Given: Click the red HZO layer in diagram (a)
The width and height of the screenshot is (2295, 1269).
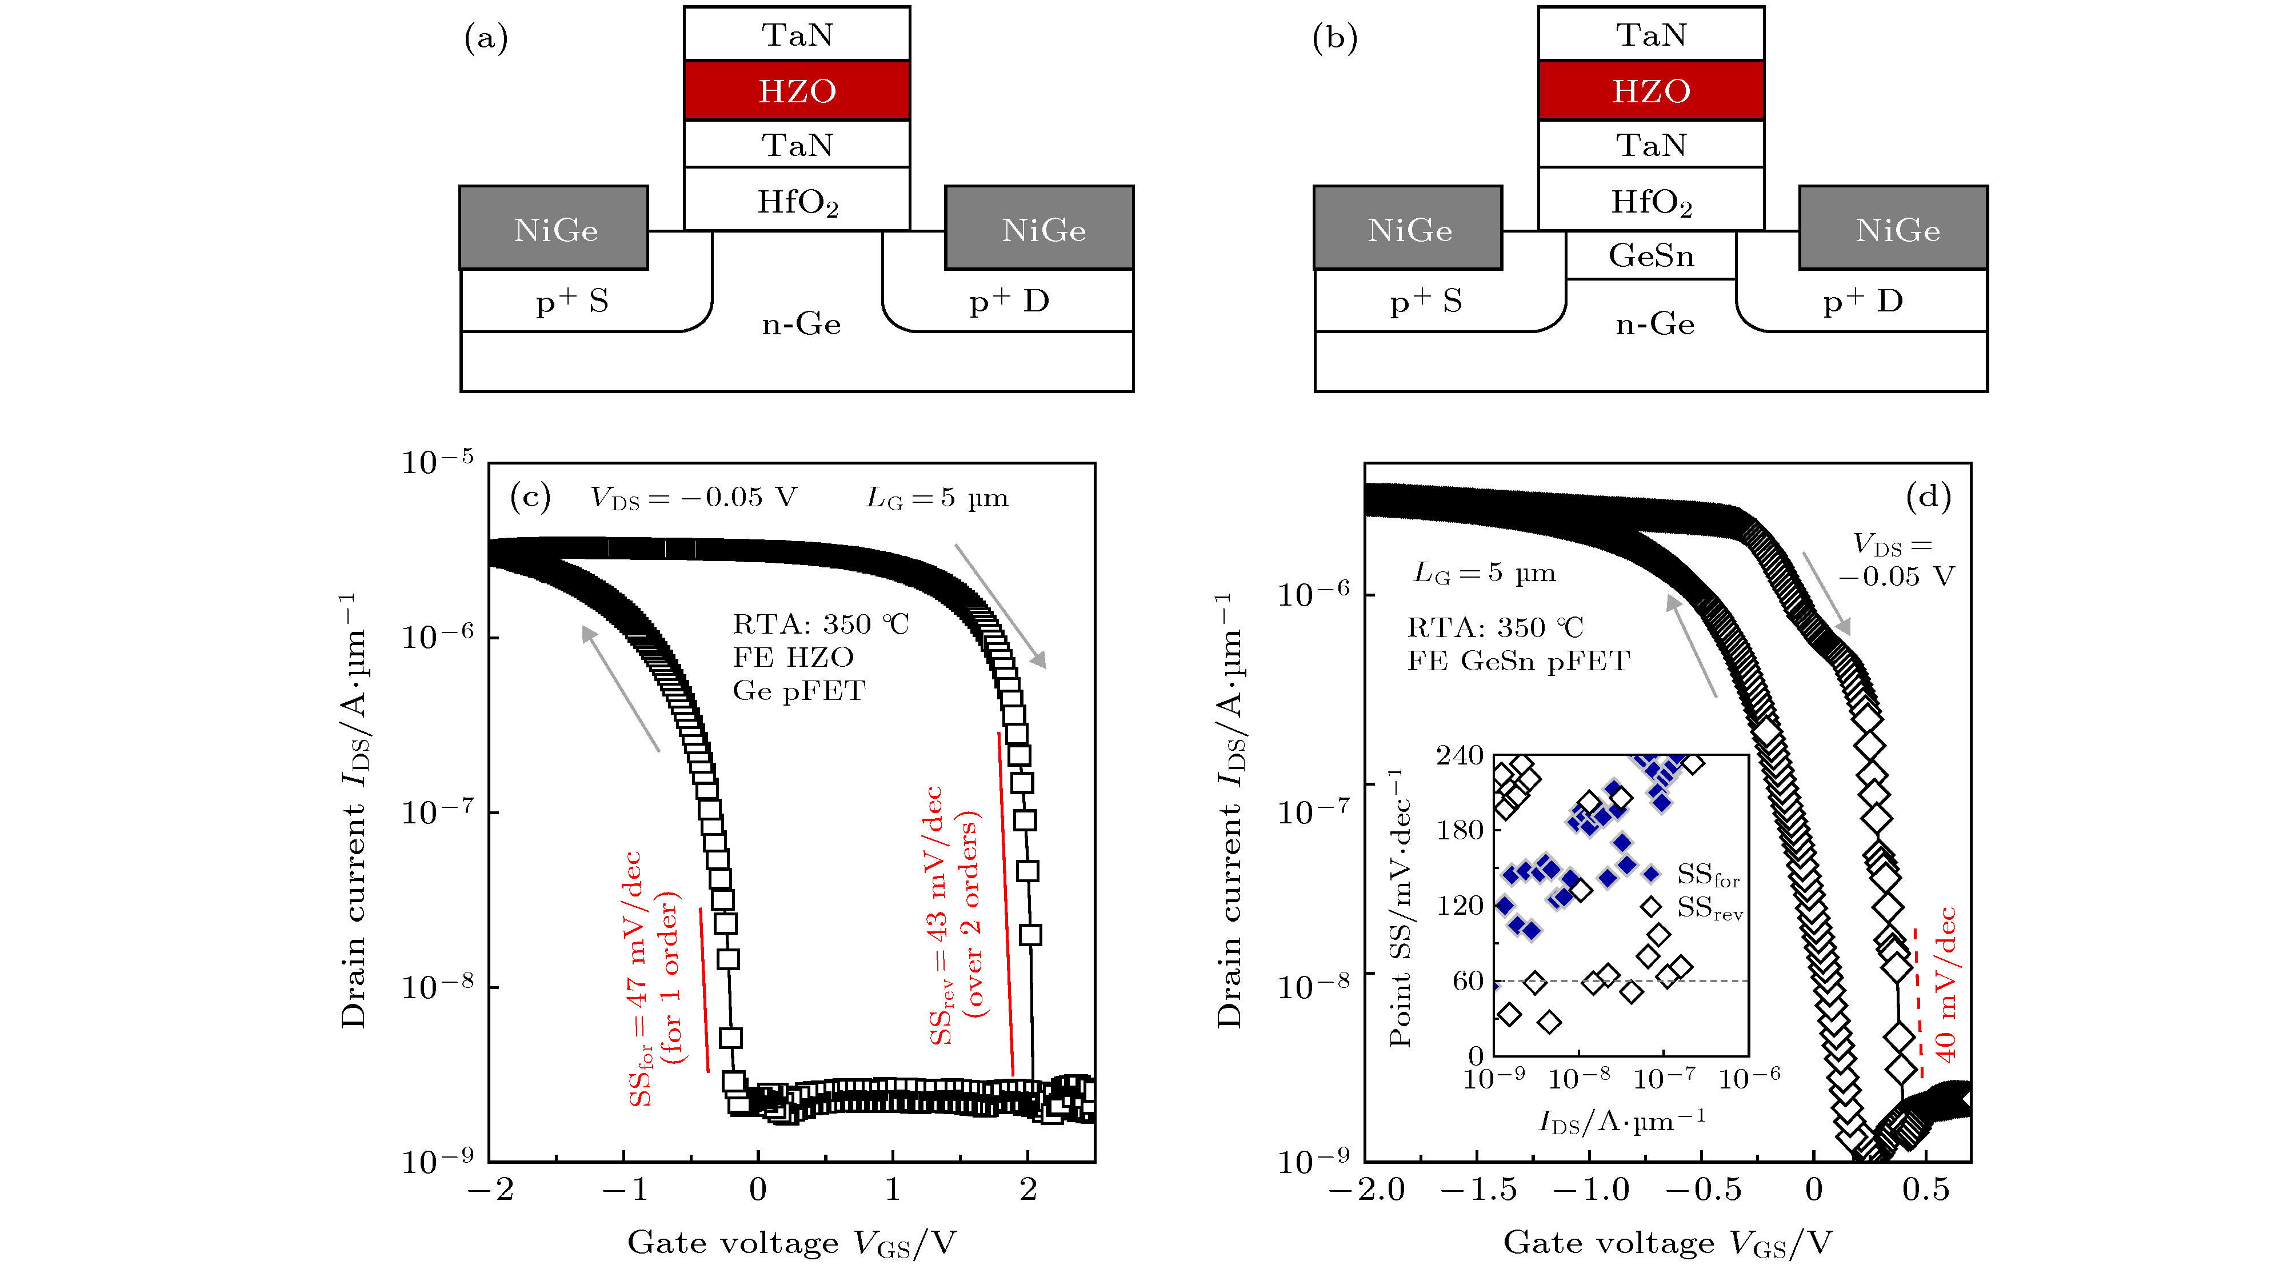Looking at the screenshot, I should (x=797, y=91).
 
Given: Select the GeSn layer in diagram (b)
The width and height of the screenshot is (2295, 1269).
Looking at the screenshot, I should (x=1651, y=255).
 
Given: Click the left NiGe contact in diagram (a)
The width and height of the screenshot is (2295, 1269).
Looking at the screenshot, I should (x=554, y=229).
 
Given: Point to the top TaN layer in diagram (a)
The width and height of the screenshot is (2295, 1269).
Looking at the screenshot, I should (x=797, y=35).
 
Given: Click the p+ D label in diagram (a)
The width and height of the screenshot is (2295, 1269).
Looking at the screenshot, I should (x=1009, y=301).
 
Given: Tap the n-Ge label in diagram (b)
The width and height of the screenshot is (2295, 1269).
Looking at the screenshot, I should (x=1654, y=323).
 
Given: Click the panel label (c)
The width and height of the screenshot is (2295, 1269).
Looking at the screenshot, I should (x=530, y=496).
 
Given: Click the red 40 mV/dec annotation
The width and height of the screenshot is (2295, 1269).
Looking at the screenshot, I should (x=1946, y=984).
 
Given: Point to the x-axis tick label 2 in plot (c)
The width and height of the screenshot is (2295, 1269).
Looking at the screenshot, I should (x=1028, y=1189).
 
